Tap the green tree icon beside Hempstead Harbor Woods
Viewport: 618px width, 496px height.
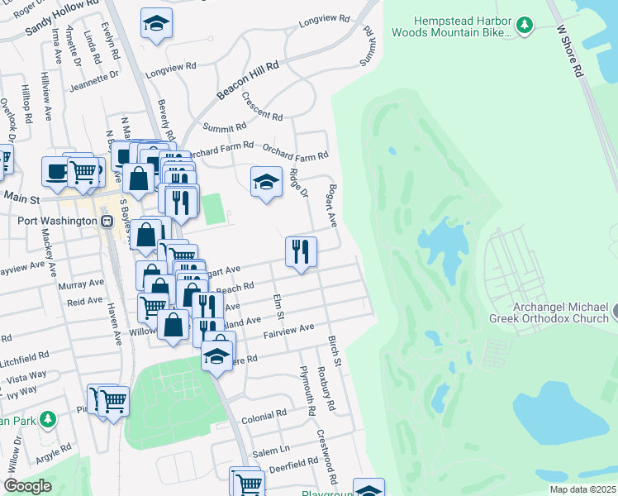[524, 26]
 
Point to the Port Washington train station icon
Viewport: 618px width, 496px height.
[107, 222]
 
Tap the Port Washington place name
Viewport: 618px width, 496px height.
[55, 222]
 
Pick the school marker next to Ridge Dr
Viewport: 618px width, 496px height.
[266, 182]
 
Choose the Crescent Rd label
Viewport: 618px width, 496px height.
[262, 105]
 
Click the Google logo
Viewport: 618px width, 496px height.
[27, 486]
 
